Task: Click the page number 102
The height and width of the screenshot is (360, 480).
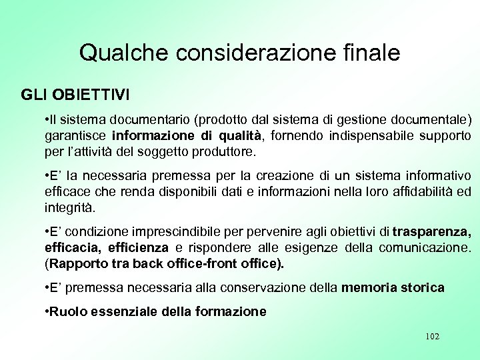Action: pos(431,336)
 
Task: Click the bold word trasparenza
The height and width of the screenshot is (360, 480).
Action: pos(431,233)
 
